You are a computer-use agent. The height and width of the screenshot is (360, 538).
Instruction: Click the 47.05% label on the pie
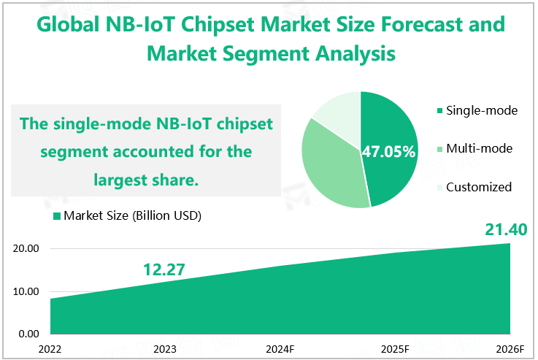(x=388, y=152)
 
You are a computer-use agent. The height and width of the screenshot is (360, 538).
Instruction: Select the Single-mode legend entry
(x=481, y=110)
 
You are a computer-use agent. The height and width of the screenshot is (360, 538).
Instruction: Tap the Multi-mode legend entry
(x=479, y=148)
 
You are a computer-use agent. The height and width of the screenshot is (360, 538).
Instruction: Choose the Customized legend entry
(x=478, y=186)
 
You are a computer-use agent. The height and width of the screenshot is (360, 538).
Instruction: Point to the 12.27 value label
(x=164, y=269)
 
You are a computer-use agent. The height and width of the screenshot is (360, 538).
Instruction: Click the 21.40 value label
(x=506, y=230)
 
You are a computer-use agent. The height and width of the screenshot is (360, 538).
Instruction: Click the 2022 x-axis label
(x=50, y=348)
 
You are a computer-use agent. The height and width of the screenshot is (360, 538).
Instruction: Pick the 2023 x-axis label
(x=165, y=348)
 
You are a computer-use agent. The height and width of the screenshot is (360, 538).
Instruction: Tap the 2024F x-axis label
(x=280, y=348)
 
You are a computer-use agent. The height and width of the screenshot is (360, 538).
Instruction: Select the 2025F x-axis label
(x=395, y=348)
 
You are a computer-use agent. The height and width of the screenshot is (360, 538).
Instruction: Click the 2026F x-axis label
(x=509, y=348)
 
